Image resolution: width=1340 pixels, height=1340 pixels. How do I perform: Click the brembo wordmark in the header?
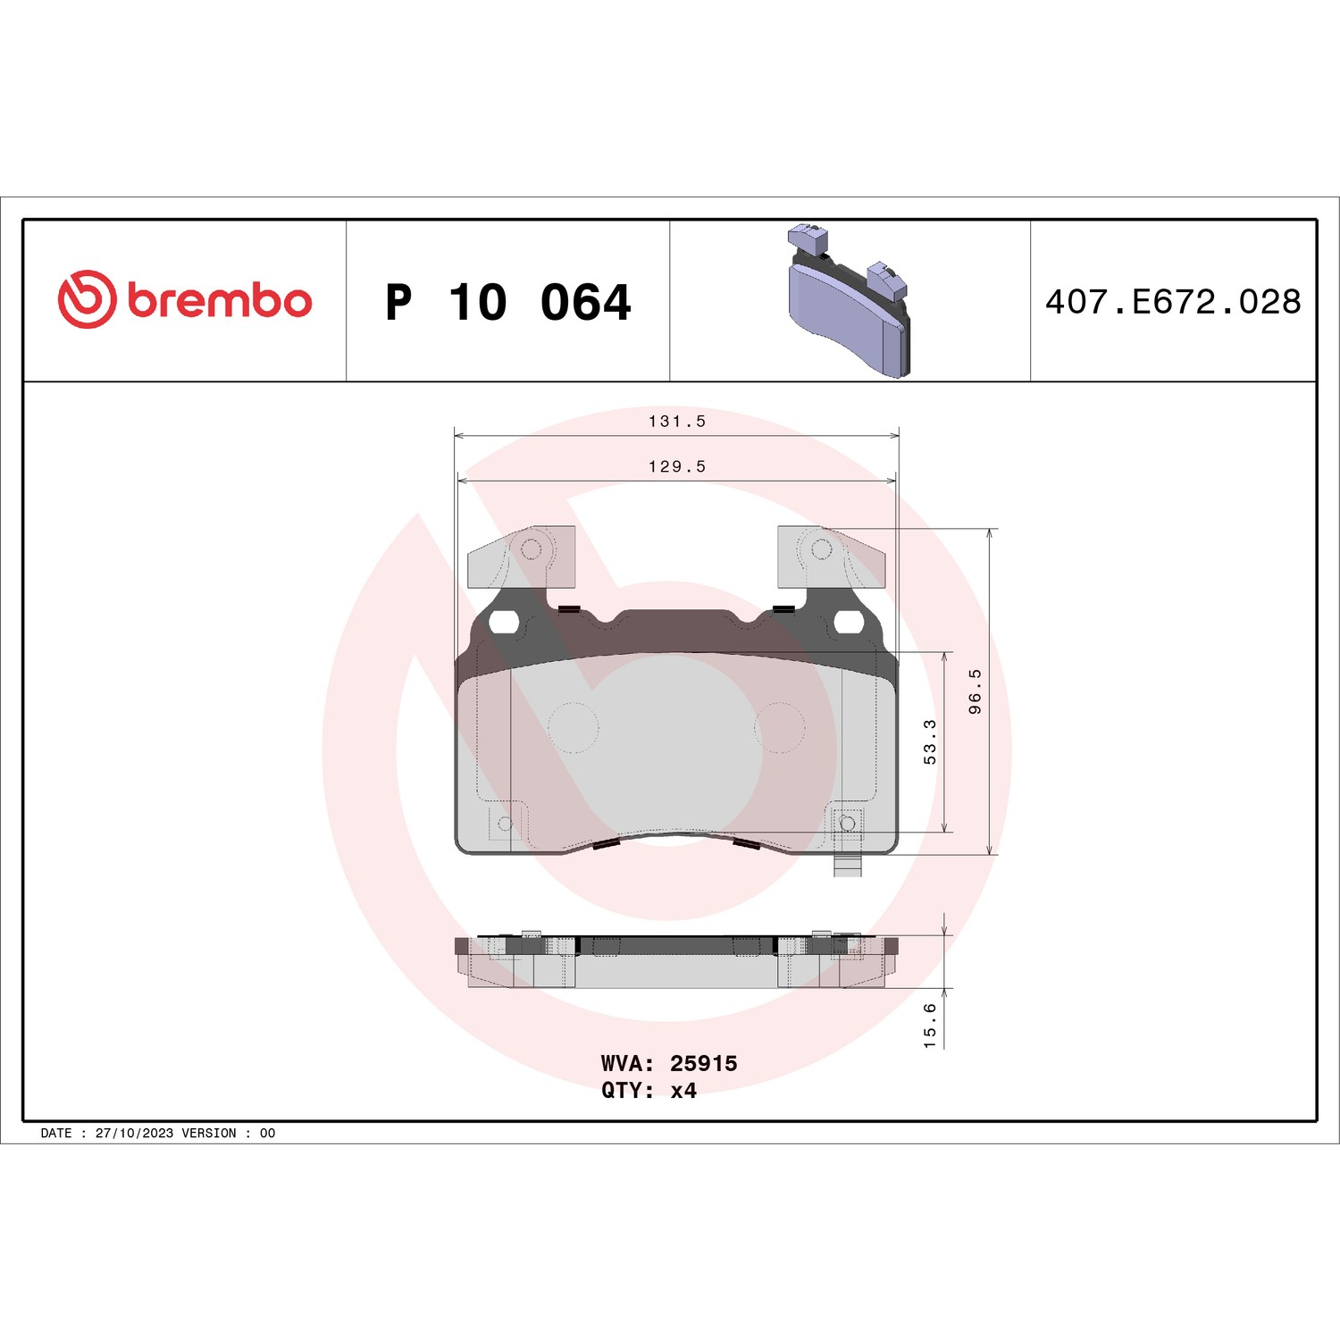pos(220,301)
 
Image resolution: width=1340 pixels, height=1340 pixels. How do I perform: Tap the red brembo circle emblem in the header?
pos(87,299)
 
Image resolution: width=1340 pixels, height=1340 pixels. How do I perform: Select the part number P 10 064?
pos(508,302)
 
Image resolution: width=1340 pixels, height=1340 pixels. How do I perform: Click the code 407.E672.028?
pos(1173,302)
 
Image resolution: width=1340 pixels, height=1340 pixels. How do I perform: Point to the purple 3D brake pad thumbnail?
pos(849,300)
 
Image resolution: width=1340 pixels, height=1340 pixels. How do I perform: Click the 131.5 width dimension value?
pos(677,421)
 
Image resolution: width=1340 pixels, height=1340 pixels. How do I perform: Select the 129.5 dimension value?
pos(677,466)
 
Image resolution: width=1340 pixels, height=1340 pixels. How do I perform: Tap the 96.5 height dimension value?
pos(975,691)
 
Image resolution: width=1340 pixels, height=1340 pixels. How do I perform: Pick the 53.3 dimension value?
pos(930,742)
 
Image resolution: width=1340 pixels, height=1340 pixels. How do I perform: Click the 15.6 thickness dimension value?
pos(930,1025)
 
